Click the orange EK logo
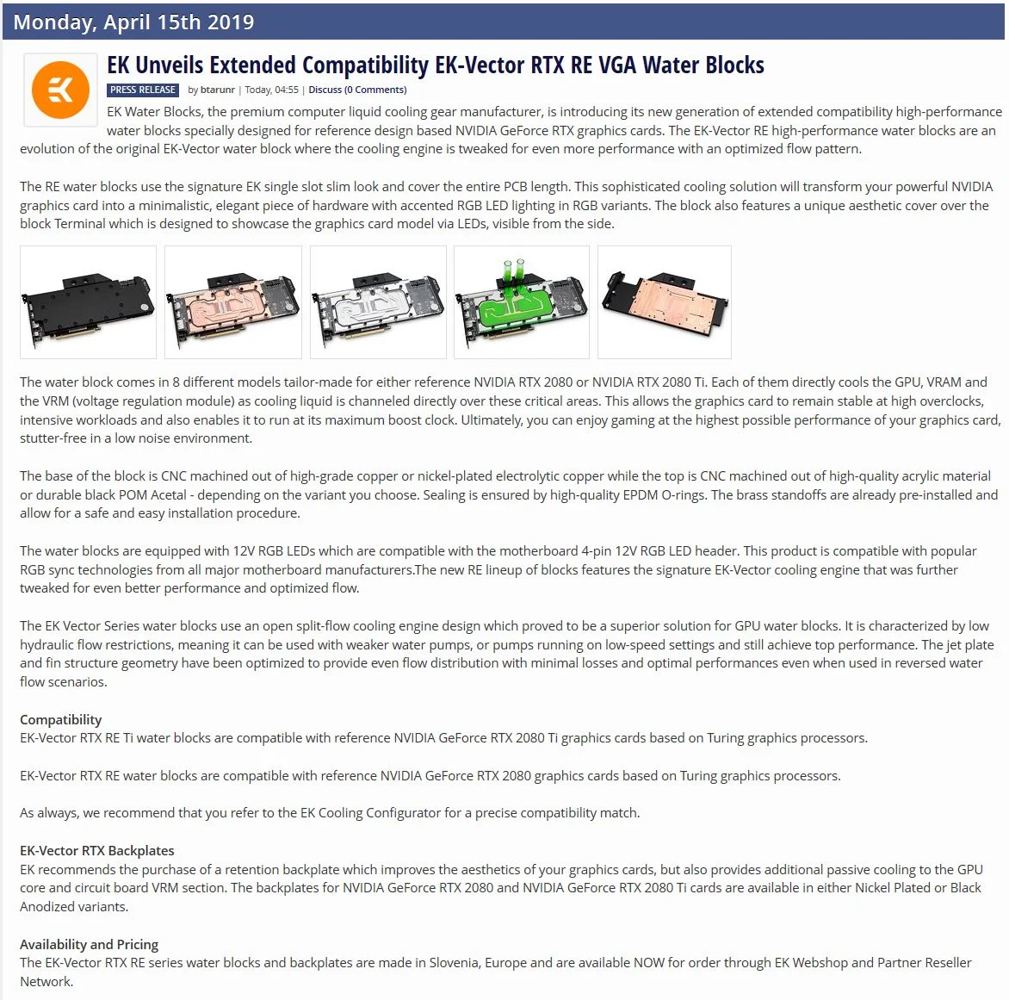pos(60,90)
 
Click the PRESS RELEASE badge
pos(143,90)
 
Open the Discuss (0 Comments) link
pos(358,90)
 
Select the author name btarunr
pos(218,90)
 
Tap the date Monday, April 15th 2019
pos(133,22)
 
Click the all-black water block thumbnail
pos(88,302)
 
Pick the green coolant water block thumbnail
pos(522,302)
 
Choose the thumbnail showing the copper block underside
pos(665,302)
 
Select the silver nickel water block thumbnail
pos(379,302)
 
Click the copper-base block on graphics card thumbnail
pos(233,302)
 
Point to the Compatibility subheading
pos(60,719)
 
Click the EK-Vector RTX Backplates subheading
pos(97,851)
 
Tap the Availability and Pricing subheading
pos(89,945)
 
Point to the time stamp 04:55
pos(287,90)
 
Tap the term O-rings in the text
pos(684,495)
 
